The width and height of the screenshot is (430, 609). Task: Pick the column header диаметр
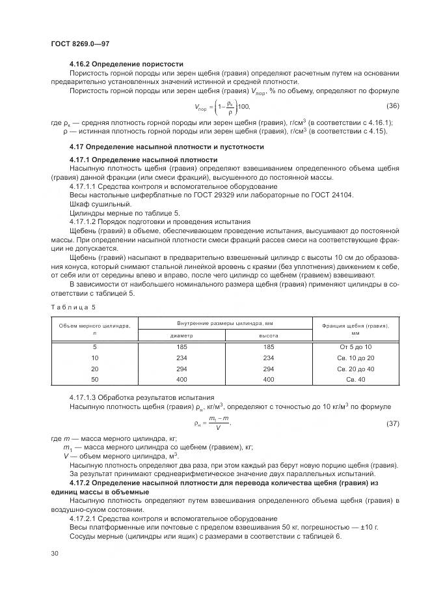tap(181, 335)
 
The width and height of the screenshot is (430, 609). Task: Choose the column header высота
tap(269, 335)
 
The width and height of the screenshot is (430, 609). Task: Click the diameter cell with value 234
tap(181, 358)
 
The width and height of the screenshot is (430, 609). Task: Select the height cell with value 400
tap(269, 378)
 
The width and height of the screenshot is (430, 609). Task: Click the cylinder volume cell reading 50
tap(95, 378)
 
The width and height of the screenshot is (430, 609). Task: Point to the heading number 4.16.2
tap(83, 64)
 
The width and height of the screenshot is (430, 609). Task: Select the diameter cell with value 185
tap(181, 347)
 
